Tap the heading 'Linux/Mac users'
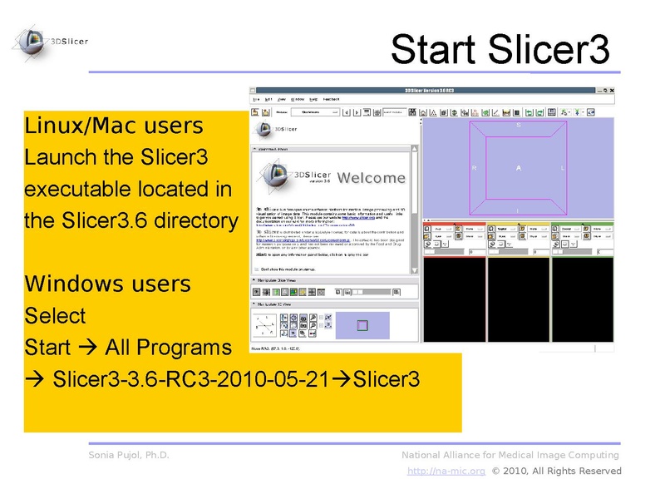pos(114,126)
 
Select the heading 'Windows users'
pos(108,284)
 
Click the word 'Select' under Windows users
pos(56,316)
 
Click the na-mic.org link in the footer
pos(446,471)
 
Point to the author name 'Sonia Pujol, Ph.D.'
pos(130,455)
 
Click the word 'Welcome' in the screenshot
pos(372,177)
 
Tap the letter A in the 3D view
pos(519,168)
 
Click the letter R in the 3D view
pos(474,168)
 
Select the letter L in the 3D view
pos(563,168)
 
